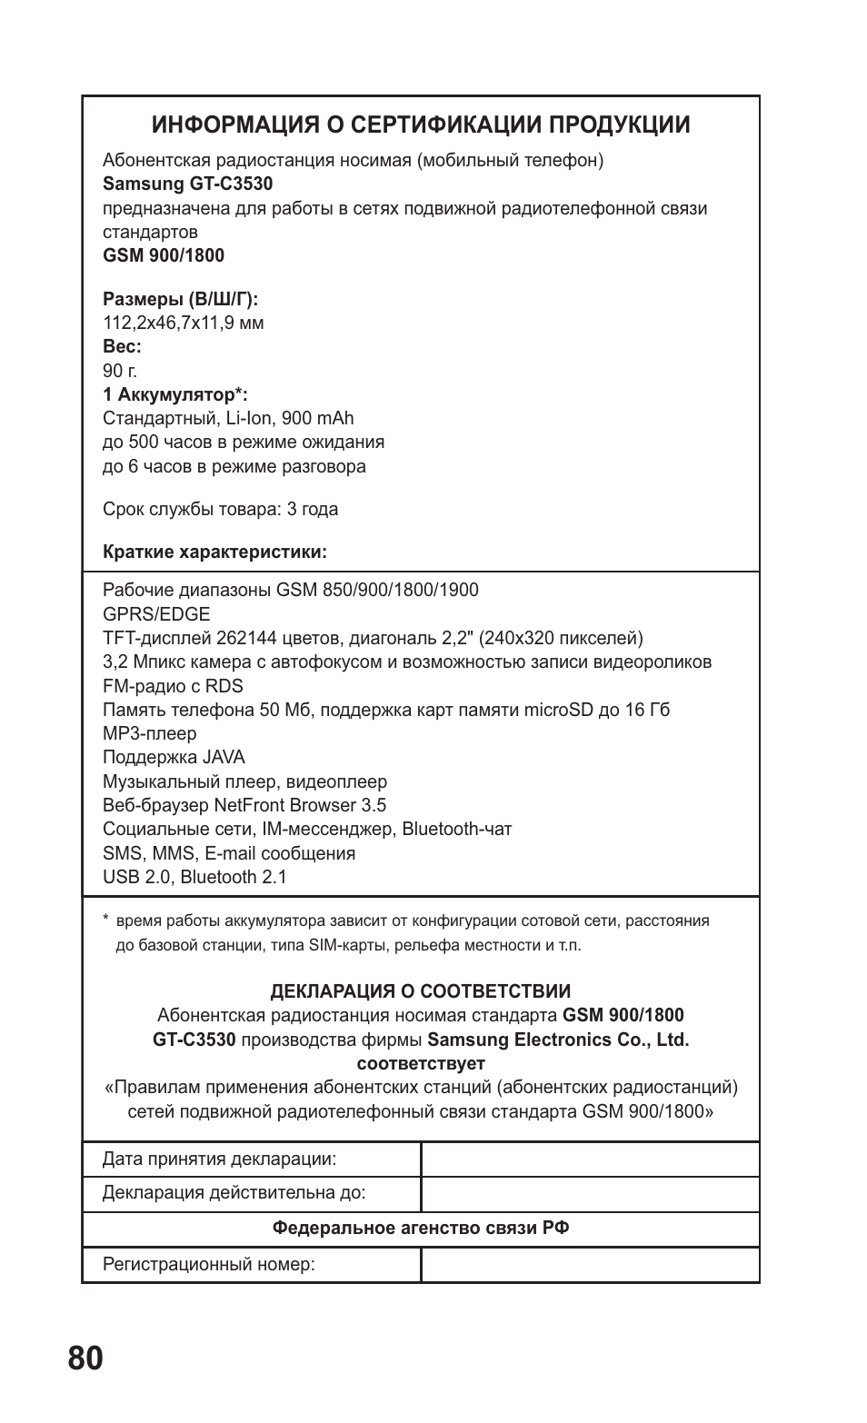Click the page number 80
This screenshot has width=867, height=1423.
(x=85, y=1358)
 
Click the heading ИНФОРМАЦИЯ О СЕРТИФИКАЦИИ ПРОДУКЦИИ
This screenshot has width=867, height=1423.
(x=421, y=124)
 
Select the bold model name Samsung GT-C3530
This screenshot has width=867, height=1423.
(x=187, y=184)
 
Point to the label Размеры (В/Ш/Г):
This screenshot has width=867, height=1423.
(x=181, y=299)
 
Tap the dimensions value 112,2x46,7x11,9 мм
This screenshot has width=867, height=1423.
(x=184, y=323)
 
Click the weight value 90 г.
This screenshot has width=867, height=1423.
(x=120, y=371)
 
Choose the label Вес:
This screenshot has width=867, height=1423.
(x=122, y=347)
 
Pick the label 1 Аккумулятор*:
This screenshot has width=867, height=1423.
(x=175, y=395)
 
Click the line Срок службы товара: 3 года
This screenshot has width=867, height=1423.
(x=220, y=509)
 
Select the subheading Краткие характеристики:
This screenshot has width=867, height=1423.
(x=214, y=552)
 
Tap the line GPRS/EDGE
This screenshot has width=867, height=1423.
(x=156, y=614)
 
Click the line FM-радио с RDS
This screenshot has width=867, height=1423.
(x=173, y=686)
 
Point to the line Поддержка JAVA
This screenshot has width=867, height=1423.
(x=174, y=757)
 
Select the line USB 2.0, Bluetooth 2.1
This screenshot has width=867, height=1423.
(x=194, y=877)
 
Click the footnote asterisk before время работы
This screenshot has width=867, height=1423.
(x=106, y=920)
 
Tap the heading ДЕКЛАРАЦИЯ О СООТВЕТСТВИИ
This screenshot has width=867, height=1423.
(x=421, y=991)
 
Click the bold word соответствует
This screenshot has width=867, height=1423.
(x=421, y=1063)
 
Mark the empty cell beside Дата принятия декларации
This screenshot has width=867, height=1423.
(x=590, y=1159)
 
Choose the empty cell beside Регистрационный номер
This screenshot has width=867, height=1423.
(x=590, y=1264)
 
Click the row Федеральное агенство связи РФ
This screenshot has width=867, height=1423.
(x=421, y=1229)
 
